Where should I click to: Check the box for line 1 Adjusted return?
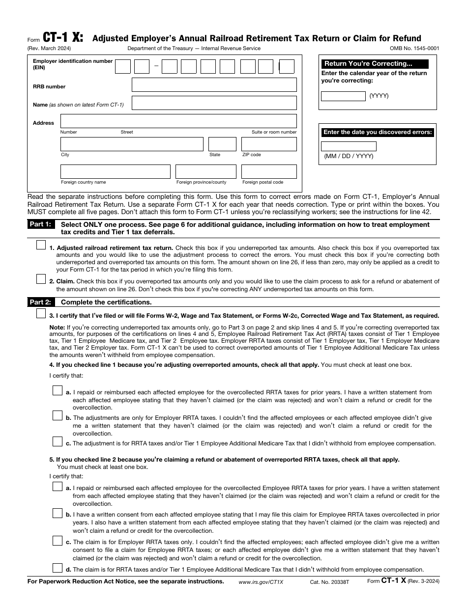pos(41,245)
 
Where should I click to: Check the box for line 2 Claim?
pos(41,278)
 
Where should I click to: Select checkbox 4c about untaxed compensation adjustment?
pos(58,441)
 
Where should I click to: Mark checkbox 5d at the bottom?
pos(58,568)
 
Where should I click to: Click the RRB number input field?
pos(214,84)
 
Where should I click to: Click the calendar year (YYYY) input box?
pos(343,96)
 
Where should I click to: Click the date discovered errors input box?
pos(349,146)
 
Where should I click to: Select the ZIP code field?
pos(268,144)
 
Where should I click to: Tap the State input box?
pos(222,144)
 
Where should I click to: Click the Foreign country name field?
pos(115,171)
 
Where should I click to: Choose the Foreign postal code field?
pos(268,171)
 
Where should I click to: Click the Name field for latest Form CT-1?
pos(214,103)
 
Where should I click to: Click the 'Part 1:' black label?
pos(40,224)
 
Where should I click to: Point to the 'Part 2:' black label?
pos(40,302)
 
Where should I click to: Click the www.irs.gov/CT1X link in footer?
pos(261,581)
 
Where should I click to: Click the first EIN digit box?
pos(122,66)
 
